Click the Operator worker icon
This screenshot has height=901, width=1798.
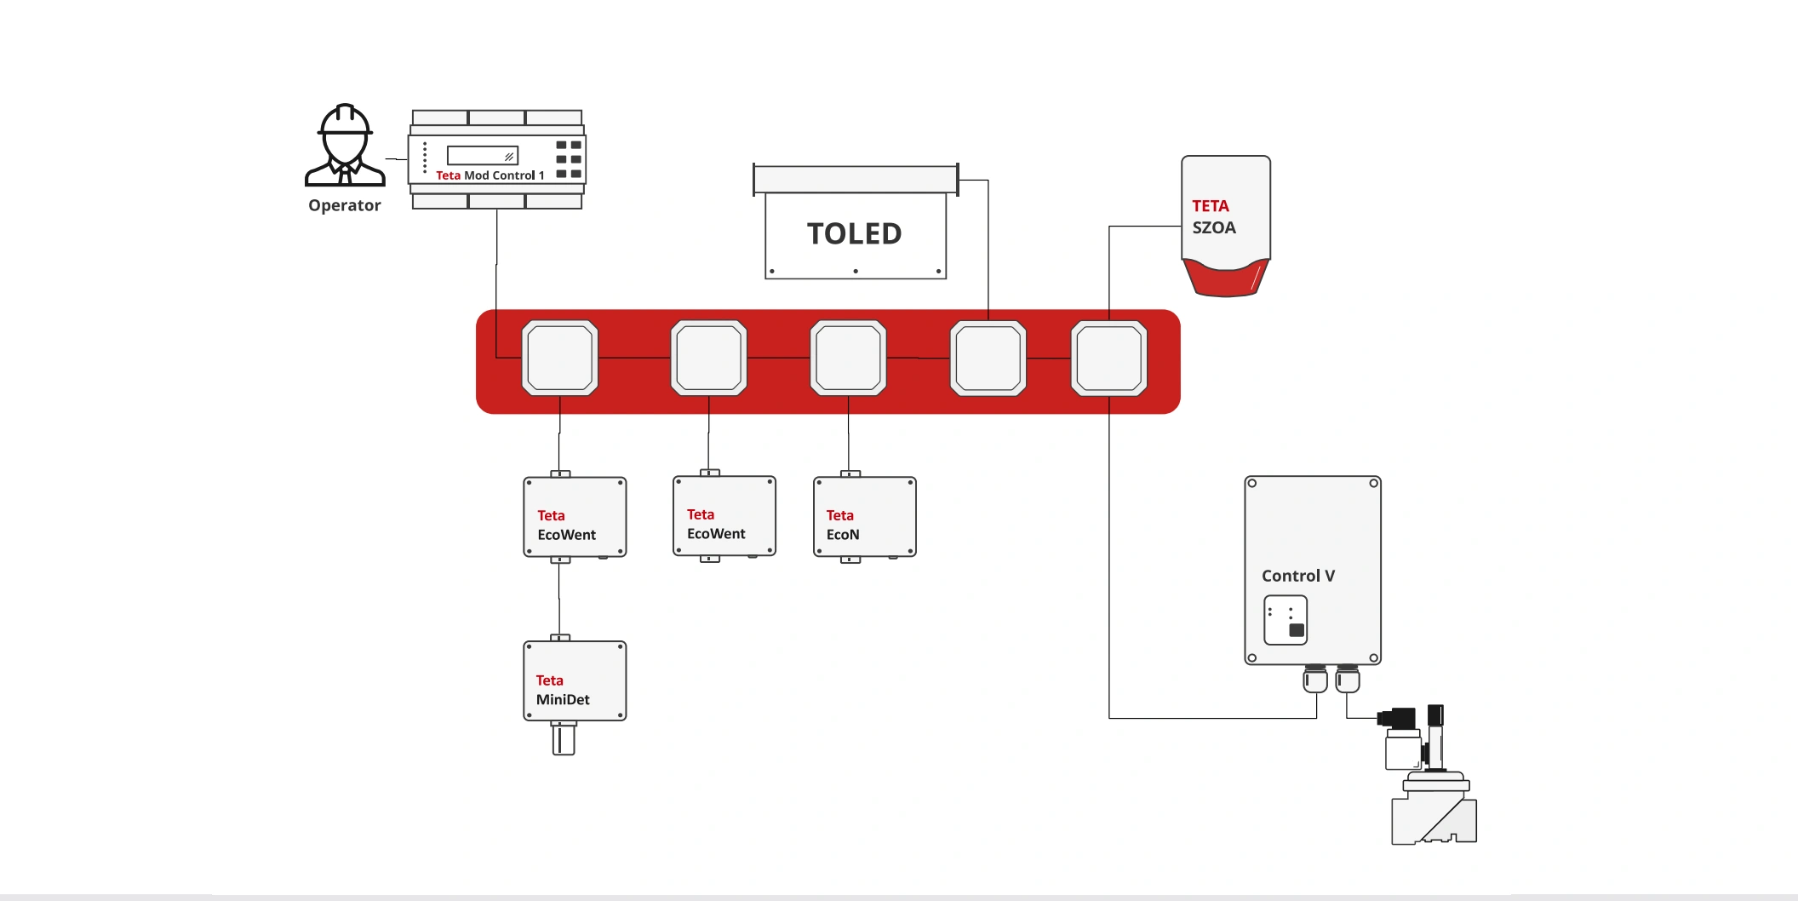click(345, 146)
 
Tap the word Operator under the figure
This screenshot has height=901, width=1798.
click(345, 205)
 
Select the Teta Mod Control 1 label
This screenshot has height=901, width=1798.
click(490, 175)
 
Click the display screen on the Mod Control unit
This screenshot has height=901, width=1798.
click(482, 156)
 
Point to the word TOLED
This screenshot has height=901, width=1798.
click(854, 233)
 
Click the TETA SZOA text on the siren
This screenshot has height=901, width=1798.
click(1213, 217)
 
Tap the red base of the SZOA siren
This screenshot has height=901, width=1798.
click(1226, 278)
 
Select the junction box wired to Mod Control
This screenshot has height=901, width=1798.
click(559, 359)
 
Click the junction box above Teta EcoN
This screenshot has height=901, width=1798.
click(848, 359)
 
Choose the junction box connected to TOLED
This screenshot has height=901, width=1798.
click(988, 359)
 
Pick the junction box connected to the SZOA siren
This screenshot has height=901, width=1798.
click(1108, 359)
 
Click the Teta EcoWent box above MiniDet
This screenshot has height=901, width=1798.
click(575, 518)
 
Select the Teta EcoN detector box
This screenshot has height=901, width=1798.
click(865, 518)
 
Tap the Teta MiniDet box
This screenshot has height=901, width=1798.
click(575, 681)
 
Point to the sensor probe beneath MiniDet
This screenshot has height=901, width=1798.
click(563, 739)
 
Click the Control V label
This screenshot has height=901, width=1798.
click(1297, 576)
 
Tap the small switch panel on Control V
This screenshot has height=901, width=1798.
click(1285, 620)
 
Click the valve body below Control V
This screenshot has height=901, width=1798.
click(1434, 813)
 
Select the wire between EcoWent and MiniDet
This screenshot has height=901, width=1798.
click(559, 600)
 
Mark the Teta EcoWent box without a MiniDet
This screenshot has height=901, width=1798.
click(724, 517)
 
